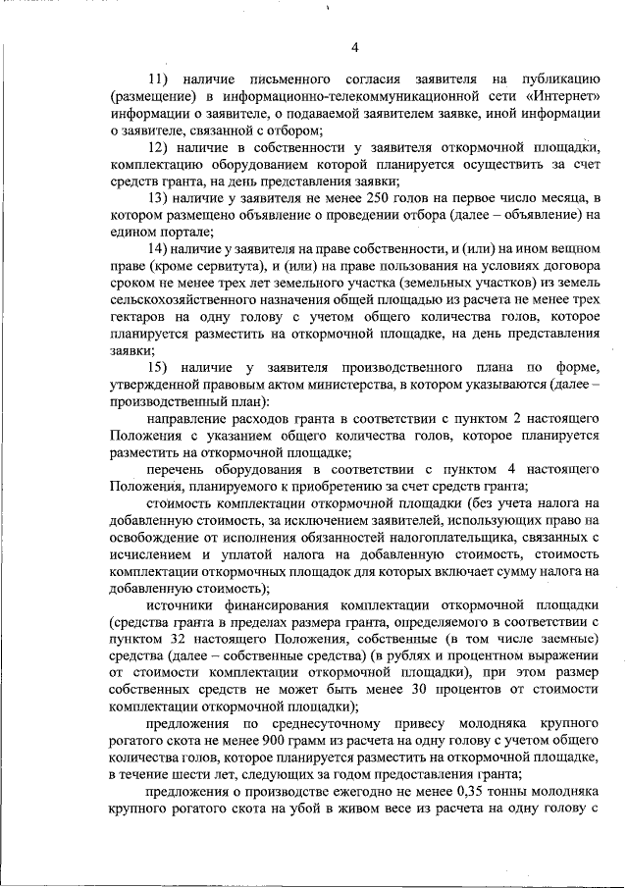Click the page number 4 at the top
point(355,49)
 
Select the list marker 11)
point(159,78)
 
